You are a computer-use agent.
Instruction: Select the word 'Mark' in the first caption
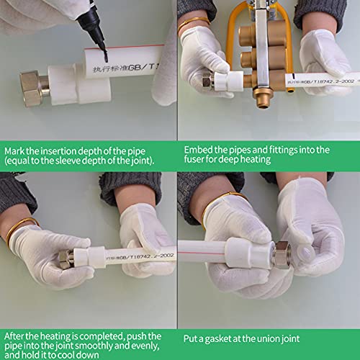pos(16,150)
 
